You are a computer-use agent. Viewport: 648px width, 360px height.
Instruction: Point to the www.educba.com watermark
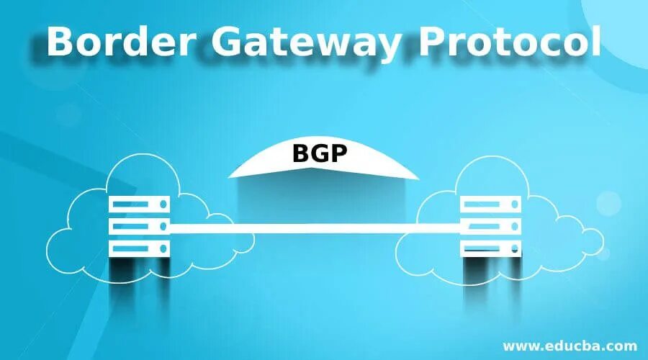coord(570,345)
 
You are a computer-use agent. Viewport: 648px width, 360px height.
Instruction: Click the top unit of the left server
coord(140,205)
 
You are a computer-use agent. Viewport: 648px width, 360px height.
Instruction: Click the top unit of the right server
coord(490,205)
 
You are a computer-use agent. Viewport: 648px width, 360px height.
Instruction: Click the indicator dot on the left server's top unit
coord(163,205)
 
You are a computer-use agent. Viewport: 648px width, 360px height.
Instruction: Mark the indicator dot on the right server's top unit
coord(514,205)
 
